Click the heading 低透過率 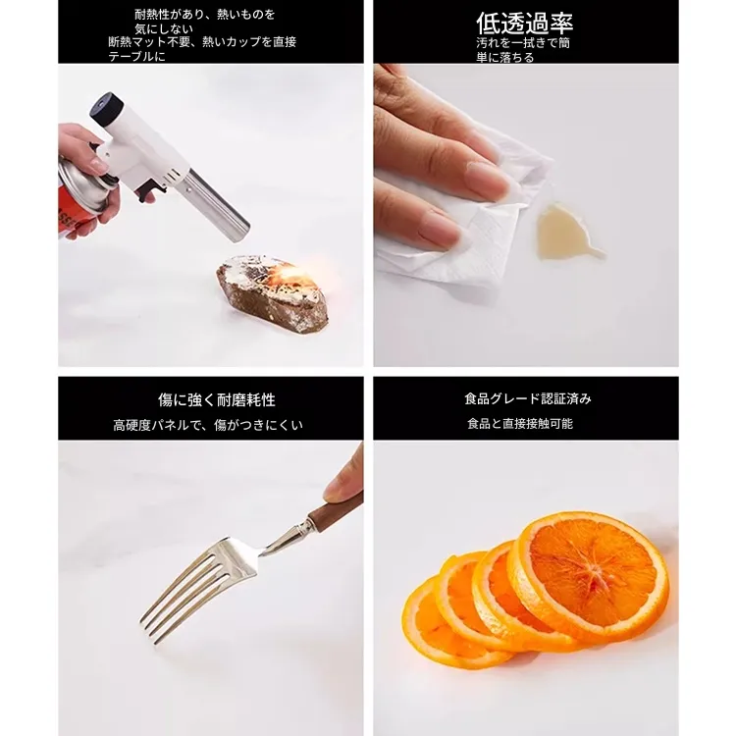click(x=524, y=23)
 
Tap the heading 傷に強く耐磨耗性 click(x=217, y=400)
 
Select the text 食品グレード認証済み click(x=528, y=399)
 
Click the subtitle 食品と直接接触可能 click(x=520, y=423)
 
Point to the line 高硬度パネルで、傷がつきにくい click(x=208, y=425)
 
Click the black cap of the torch click(x=107, y=109)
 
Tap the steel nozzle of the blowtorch click(x=219, y=206)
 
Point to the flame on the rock click(x=292, y=278)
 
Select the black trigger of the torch click(x=150, y=191)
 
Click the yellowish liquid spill click(x=564, y=232)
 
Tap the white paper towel click(x=462, y=221)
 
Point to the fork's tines click(x=183, y=593)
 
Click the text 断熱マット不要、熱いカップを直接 click(x=202, y=42)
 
